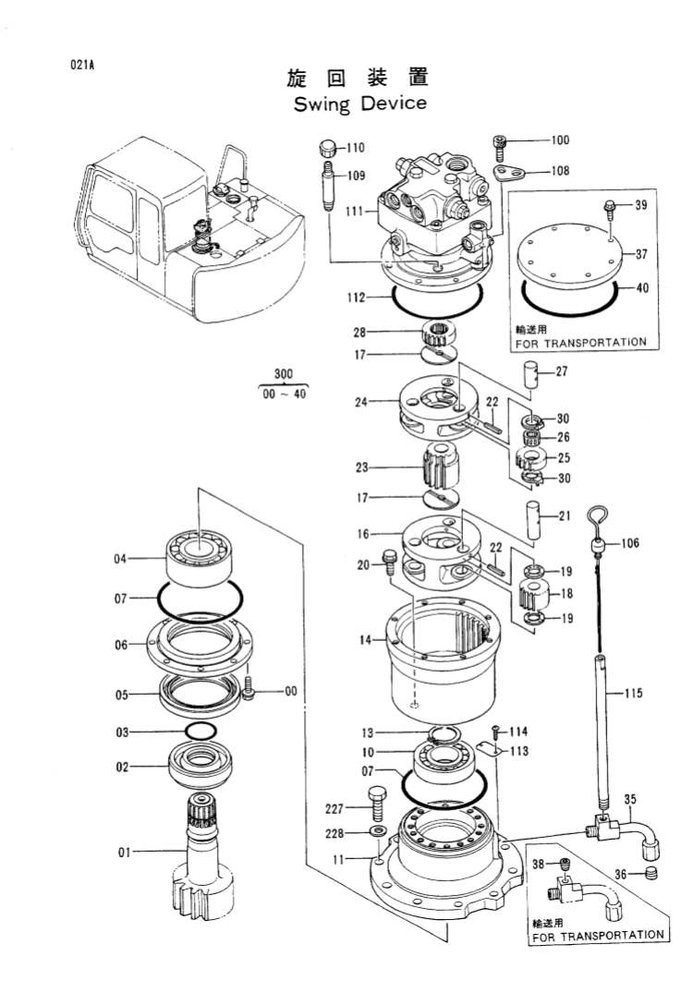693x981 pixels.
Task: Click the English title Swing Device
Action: pyautogui.click(x=360, y=103)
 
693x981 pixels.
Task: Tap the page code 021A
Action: pyautogui.click(x=82, y=66)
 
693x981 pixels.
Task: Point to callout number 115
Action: pyautogui.click(x=633, y=693)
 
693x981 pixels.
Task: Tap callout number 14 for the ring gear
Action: pyautogui.click(x=366, y=638)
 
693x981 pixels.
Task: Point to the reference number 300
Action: pyautogui.click(x=284, y=374)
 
